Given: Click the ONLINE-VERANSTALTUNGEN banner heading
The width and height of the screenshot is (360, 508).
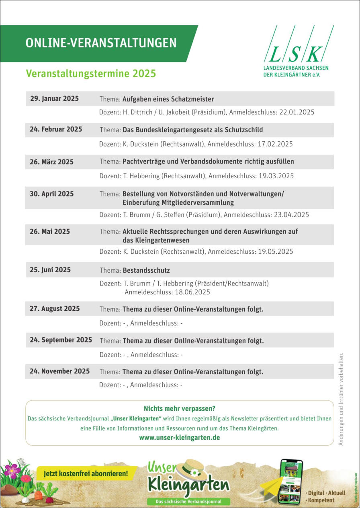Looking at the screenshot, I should pyautogui.click(x=101, y=43).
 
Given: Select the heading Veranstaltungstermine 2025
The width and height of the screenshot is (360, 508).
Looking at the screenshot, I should pyautogui.click(x=91, y=74).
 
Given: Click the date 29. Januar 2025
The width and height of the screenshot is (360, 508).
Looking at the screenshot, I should pyautogui.click(x=54, y=99).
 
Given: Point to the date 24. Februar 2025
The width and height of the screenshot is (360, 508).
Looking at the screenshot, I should pyautogui.click(x=56, y=129).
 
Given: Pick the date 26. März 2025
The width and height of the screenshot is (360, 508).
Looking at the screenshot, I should pyautogui.click(x=51, y=162).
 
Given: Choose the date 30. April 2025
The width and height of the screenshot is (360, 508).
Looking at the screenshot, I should pyautogui.click(x=52, y=194).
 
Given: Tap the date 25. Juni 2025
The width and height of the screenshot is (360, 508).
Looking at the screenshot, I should pyautogui.click(x=50, y=270).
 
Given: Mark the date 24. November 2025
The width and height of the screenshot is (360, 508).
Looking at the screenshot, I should pyautogui.click(x=59, y=371).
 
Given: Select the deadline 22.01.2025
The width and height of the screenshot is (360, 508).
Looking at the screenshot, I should pyautogui.click(x=295, y=112).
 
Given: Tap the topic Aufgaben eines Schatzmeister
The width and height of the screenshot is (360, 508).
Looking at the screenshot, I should pyautogui.click(x=168, y=99).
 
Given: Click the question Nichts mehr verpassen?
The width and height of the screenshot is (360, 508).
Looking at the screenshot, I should pyautogui.click(x=179, y=409).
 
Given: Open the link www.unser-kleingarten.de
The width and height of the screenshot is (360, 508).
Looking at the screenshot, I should pyautogui.click(x=179, y=438).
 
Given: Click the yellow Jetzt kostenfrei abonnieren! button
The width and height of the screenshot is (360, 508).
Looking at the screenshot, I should pyautogui.click(x=86, y=473).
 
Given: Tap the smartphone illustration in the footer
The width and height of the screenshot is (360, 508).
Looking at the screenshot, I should pyautogui.click(x=291, y=481).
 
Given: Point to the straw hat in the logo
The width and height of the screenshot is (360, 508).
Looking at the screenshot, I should pyautogui.click(x=192, y=471).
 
